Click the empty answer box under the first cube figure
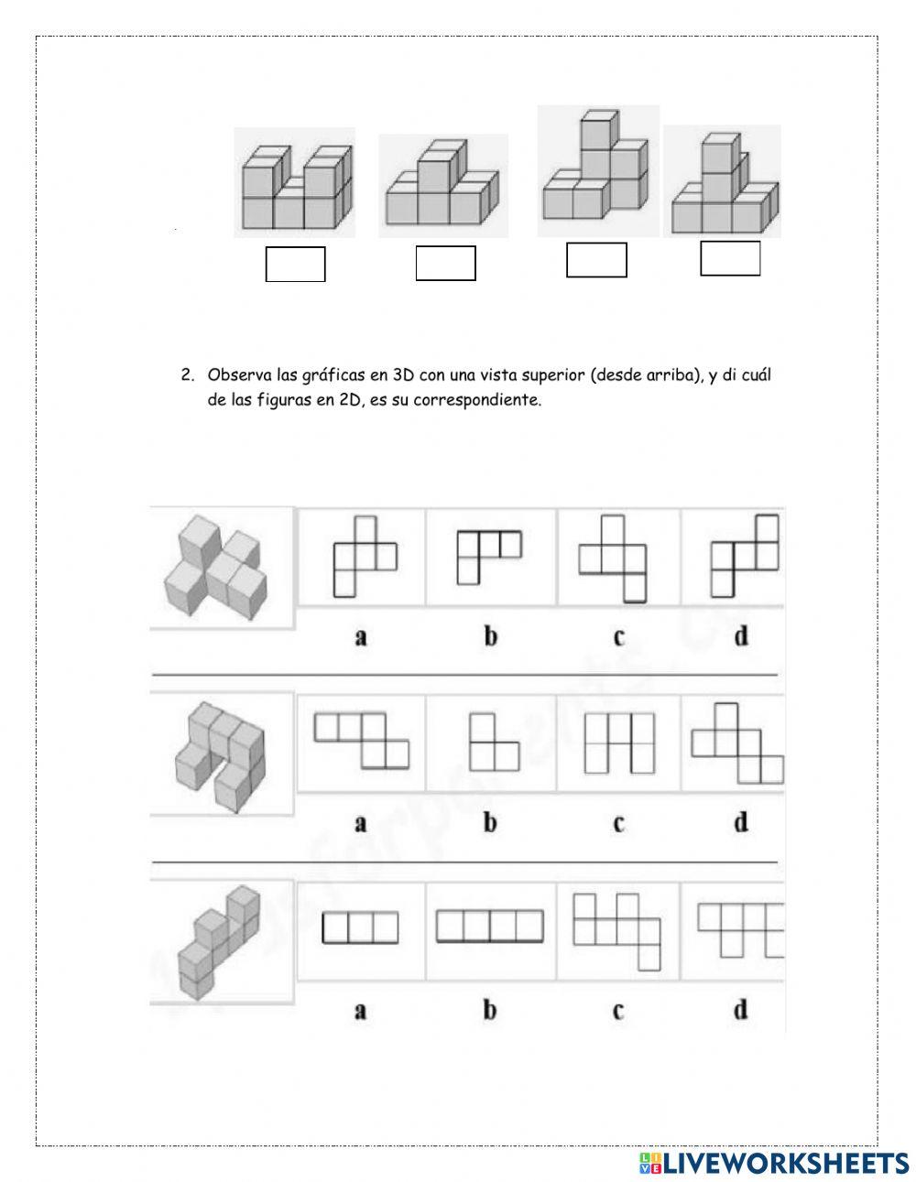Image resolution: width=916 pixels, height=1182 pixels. (x=295, y=264)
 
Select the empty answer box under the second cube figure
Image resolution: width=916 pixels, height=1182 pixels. (x=445, y=263)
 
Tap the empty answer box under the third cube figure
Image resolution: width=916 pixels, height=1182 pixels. (x=596, y=259)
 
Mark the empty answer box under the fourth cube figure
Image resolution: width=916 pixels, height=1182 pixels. (x=730, y=257)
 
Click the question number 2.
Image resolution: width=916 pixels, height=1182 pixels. (x=187, y=375)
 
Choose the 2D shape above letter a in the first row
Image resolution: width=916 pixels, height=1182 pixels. (x=364, y=556)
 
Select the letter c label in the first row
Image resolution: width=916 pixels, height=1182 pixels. (x=619, y=636)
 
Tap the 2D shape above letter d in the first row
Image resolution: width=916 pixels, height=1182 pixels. (x=744, y=555)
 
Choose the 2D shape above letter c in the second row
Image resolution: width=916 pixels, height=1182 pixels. (x=619, y=742)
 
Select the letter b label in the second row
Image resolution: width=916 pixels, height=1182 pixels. (x=490, y=823)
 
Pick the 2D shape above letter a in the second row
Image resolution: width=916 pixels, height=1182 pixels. (x=362, y=740)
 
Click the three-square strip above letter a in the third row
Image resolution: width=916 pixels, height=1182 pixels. (x=360, y=927)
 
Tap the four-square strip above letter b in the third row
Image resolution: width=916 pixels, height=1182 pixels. (x=489, y=926)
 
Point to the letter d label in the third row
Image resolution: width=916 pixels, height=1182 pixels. (x=740, y=1009)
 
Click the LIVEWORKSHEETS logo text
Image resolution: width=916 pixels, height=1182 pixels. (x=784, y=1163)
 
